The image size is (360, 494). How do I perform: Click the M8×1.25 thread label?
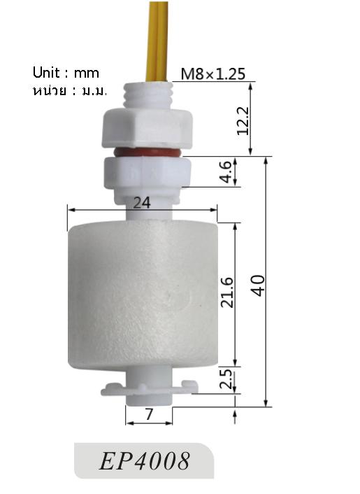click(x=213, y=73)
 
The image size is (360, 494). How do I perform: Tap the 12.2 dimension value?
click(x=243, y=120)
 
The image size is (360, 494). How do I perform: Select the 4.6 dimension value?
click(x=225, y=172)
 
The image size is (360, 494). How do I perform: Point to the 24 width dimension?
click(x=142, y=202)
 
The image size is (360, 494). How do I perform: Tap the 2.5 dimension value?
click(x=226, y=379)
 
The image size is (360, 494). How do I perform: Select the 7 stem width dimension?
click(x=148, y=415)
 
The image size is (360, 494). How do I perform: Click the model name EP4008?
click(x=145, y=461)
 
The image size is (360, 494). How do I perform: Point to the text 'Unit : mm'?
click(x=66, y=73)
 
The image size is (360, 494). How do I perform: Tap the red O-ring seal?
click(x=145, y=151)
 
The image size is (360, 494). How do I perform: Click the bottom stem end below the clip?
click(x=149, y=399)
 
